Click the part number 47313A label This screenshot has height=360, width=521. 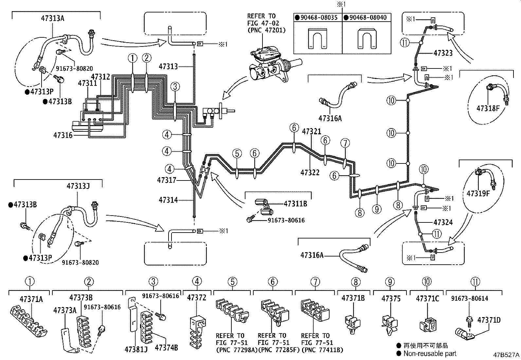click(x=53, y=18)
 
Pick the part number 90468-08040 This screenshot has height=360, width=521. click(x=368, y=17)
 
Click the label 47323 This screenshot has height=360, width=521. click(x=443, y=52)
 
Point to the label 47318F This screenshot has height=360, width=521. click(x=488, y=108)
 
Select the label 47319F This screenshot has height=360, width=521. click(x=478, y=193)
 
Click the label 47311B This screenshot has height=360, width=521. click(x=295, y=203)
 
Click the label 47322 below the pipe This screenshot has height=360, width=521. click(x=310, y=172)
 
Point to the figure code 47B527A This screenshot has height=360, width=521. click(x=506, y=355)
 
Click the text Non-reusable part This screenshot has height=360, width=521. click(x=430, y=353)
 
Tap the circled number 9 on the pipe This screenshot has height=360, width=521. click(x=377, y=208)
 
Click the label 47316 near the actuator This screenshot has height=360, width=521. click(x=63, y=135)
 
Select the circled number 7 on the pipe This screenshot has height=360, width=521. click(x=345, y=143)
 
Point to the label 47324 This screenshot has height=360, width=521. click(x=443, y=222)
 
